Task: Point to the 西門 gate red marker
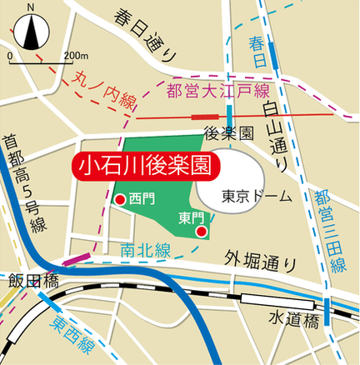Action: tap(120, 200)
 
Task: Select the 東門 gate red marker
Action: tap(201, 232)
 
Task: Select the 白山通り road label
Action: tap(274, 132)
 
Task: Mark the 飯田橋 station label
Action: tap(30, 280)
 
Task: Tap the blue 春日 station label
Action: tap(258, 50)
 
